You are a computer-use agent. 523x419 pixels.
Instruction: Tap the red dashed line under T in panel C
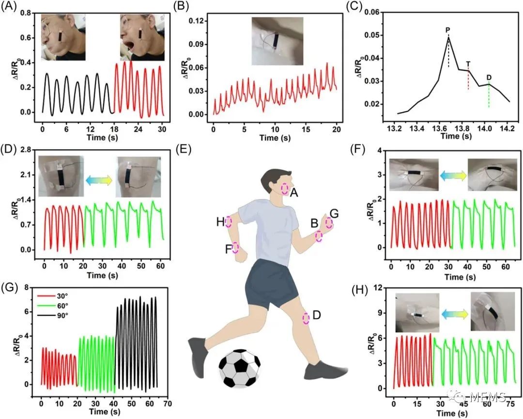point(468,80)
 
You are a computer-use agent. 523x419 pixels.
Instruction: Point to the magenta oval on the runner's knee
point(306,318)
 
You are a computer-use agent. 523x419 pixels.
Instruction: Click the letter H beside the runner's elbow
point(220,222)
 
